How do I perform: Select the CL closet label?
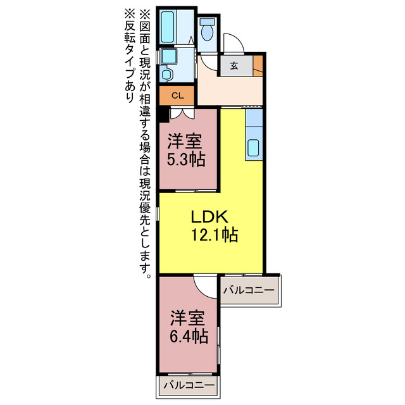coord(178,96)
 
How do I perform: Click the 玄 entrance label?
coord(234,65)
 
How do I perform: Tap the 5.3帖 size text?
coord(185,159)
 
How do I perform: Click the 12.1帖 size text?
coord(215,236)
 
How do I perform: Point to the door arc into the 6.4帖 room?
coord(205,285)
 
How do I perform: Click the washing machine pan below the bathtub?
coord(167,57)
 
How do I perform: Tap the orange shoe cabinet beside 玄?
coord(258,65)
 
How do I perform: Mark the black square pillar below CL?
coord(163,114)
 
